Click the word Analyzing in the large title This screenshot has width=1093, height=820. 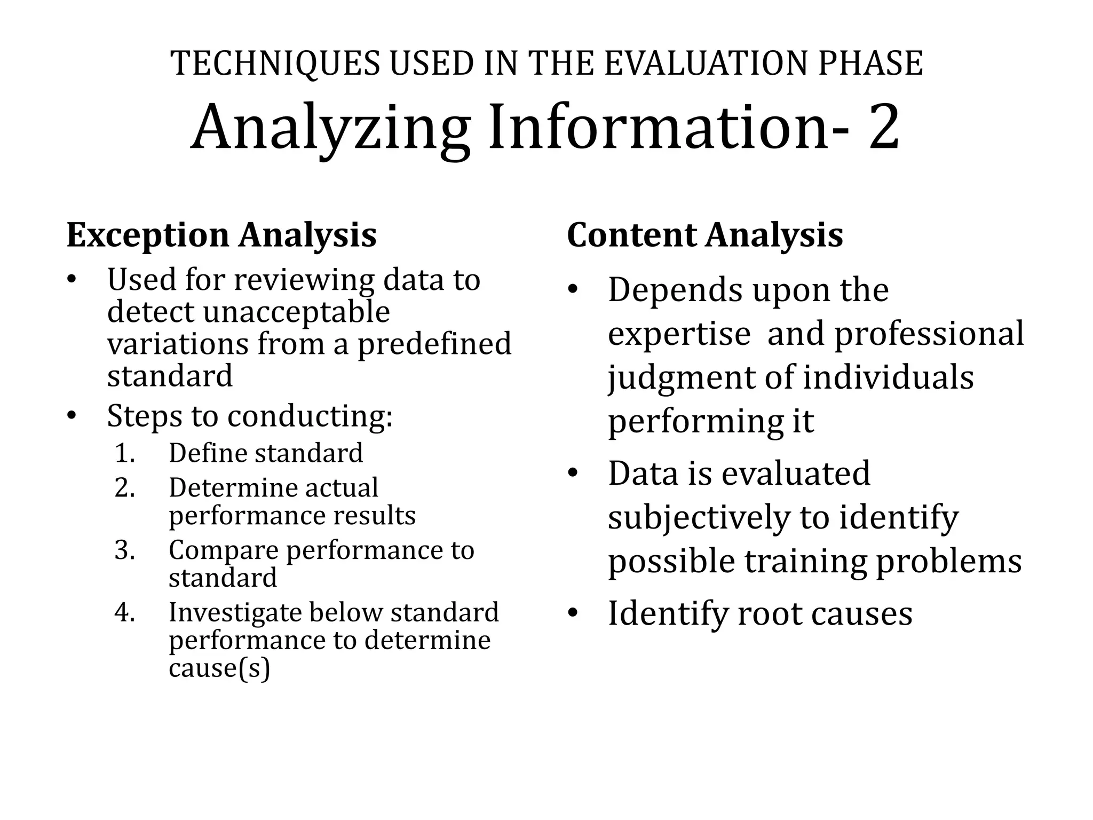(330, 129)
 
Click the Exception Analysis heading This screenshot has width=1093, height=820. (221, 235)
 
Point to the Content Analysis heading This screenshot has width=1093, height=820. (704, 235)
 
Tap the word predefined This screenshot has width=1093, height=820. (434, 344)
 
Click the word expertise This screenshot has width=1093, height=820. (679, 334)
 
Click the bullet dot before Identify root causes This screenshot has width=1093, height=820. (573, 613)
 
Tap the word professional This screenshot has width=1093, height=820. (929, 334)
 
